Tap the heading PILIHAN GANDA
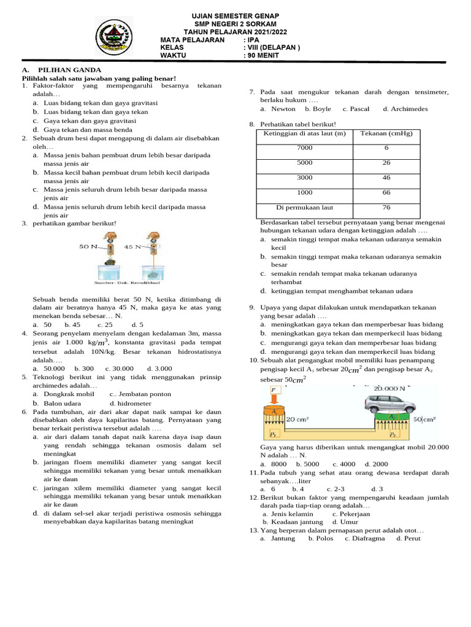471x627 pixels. pyautogui.click(x=69, y=70)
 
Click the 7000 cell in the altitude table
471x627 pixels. pyautogui.click(x=304, y=148)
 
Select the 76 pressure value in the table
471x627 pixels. pyautogui.click(x=386, y=207)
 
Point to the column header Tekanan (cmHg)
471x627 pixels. pyautogui.click(x=386, y=133)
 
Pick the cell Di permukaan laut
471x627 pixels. pyautogui.click(x=304, y=207)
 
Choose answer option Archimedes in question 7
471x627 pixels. pyautogui.click(x=405, y=109)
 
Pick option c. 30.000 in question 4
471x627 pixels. pyautogui.click(x=120, y=369)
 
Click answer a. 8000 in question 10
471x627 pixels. pyautogui.click(x=274, y=464)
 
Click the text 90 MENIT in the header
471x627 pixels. pyautogui.click(x=262, y=55)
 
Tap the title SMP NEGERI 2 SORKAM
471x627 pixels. pyautogui.click(x=235, y=24)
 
